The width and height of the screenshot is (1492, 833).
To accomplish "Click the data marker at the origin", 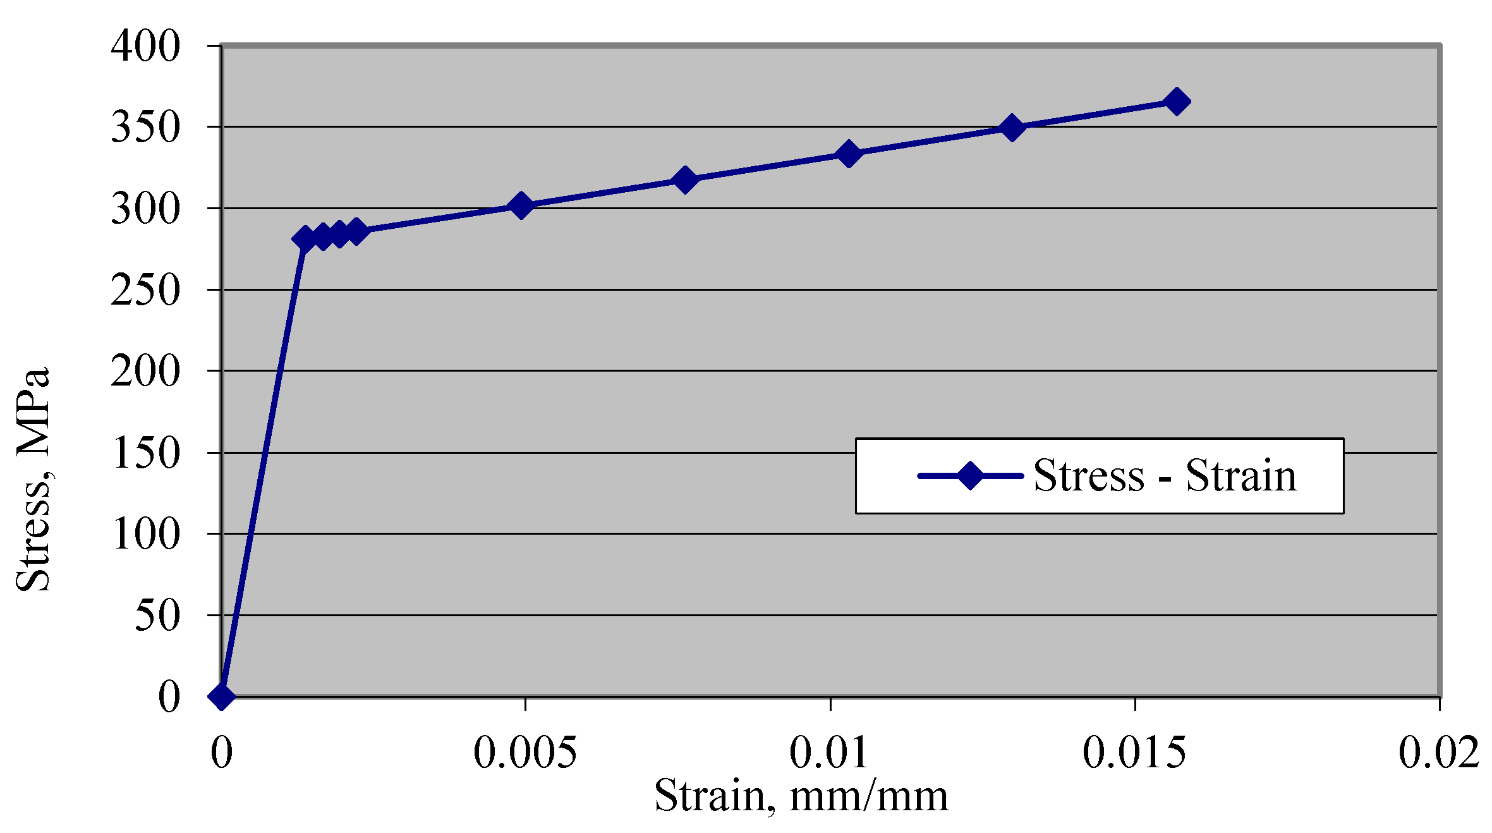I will (221, 696).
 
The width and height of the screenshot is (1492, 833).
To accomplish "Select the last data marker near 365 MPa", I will (1176, 101).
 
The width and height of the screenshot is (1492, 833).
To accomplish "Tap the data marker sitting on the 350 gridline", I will (1012, 128).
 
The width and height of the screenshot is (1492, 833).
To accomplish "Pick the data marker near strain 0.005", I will (521, 205).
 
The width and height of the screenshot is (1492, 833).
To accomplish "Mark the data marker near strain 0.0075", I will (684, 180).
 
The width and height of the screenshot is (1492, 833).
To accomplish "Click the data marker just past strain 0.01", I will (849, 154).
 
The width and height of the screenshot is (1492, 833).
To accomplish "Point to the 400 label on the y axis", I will (145, 46).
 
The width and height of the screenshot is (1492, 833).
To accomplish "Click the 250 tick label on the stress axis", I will (145, 291).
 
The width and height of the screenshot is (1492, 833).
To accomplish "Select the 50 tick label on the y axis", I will (157, 616).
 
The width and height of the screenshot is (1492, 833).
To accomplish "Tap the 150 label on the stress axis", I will (145, 453).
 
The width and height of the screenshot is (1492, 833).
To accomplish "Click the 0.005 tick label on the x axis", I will (525, 752).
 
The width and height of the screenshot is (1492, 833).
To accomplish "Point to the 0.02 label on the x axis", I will (1438, 752).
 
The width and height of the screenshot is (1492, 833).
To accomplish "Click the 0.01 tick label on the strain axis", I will (828, 752).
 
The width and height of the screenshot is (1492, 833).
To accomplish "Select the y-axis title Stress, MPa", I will (33, 479).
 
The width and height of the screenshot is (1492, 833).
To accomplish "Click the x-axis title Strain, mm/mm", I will (801, 795).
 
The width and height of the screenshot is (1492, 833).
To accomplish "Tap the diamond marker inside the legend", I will (970, 475).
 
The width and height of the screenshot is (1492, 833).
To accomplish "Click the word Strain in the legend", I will (1240, 475).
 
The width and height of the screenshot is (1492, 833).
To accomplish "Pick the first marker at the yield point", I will (305, 239).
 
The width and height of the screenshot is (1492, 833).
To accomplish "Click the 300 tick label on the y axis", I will (145, 209).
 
